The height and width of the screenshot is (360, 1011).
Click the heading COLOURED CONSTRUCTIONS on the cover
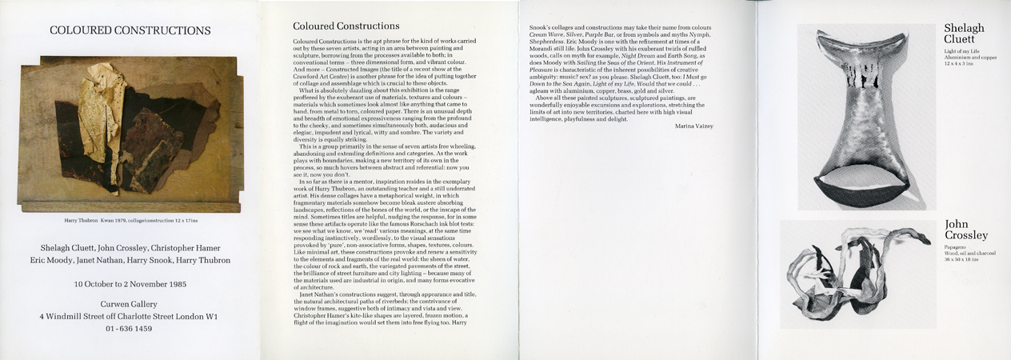click(130, 31)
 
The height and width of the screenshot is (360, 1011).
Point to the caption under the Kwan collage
click(130, 218)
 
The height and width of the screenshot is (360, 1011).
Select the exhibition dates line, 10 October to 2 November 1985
click(130, 284)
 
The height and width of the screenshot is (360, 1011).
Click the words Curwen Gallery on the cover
click(130, 304)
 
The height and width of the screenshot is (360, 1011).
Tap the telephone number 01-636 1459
click(130, 329)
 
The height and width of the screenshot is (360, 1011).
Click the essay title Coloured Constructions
click(346, 26)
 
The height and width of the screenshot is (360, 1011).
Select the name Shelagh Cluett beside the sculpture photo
click(963, 34)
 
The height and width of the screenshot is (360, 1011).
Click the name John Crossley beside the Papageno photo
click(965, 230)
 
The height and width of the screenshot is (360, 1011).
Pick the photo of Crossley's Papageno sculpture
click(857, 274)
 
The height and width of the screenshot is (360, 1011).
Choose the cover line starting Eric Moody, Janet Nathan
click(130, 260)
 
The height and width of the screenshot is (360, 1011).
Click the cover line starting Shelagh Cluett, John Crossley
click(130, 247)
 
